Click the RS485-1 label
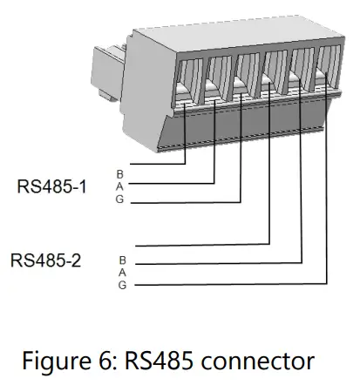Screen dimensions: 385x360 (x=51, y=186)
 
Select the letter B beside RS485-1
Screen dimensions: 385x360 (x=120, y=173)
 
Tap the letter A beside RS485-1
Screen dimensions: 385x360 (x=120, y=186)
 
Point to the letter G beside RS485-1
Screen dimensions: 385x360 (x=120, y=199)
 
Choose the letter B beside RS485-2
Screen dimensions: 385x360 (x=122, y=260)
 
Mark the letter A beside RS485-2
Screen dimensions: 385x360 (x=122, y=272)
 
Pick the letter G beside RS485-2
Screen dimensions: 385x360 (x=122, y=285)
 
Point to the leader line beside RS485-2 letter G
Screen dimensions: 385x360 (x=227, y=284)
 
